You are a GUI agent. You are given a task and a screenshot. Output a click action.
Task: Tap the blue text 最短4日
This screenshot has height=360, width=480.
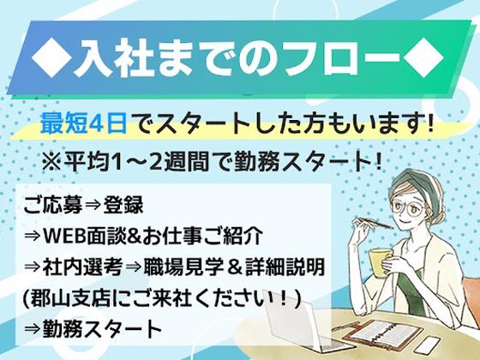83,123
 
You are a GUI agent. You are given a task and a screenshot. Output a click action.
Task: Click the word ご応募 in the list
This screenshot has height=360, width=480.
48,207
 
